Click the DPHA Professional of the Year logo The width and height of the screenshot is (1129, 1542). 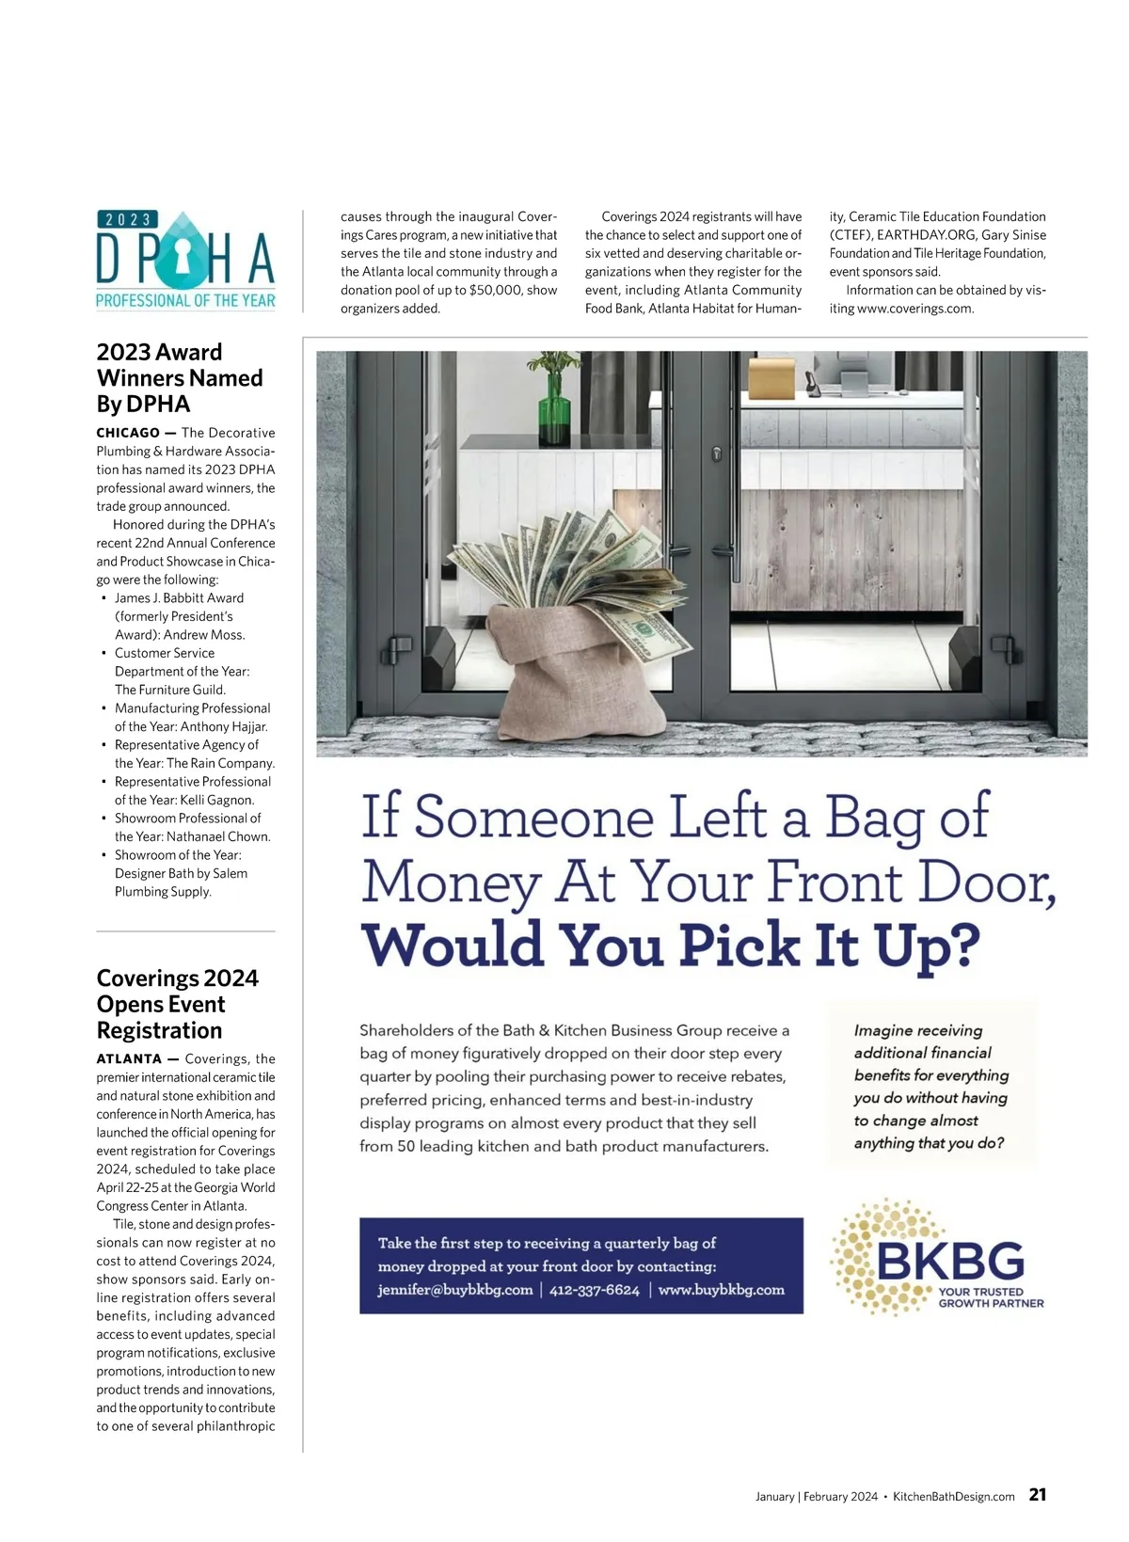click(185, 261)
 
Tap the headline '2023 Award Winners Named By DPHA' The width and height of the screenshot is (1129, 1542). click(180, 378)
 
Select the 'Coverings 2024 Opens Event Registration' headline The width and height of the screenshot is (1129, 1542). click(177, 1004)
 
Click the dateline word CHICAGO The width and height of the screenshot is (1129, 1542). click(128, 433)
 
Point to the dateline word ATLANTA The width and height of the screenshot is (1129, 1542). click(129, 1059)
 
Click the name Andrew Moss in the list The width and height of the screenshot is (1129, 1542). click(204, 635)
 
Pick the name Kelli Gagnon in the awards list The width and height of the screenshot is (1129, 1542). click(216, 800)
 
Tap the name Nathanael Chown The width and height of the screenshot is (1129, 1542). click(218, 836)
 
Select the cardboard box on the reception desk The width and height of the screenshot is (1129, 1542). click(772, 378)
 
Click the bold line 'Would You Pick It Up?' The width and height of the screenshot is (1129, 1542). click(670, 945)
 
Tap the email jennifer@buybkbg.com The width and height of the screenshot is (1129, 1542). click(455, 1290)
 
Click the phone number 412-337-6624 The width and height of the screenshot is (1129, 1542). click(594, 1290)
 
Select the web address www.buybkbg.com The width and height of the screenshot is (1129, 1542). click(721, 1290)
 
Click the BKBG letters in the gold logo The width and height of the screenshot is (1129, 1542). click(950, 1261)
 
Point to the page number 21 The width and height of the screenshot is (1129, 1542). click(1038, 1494)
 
